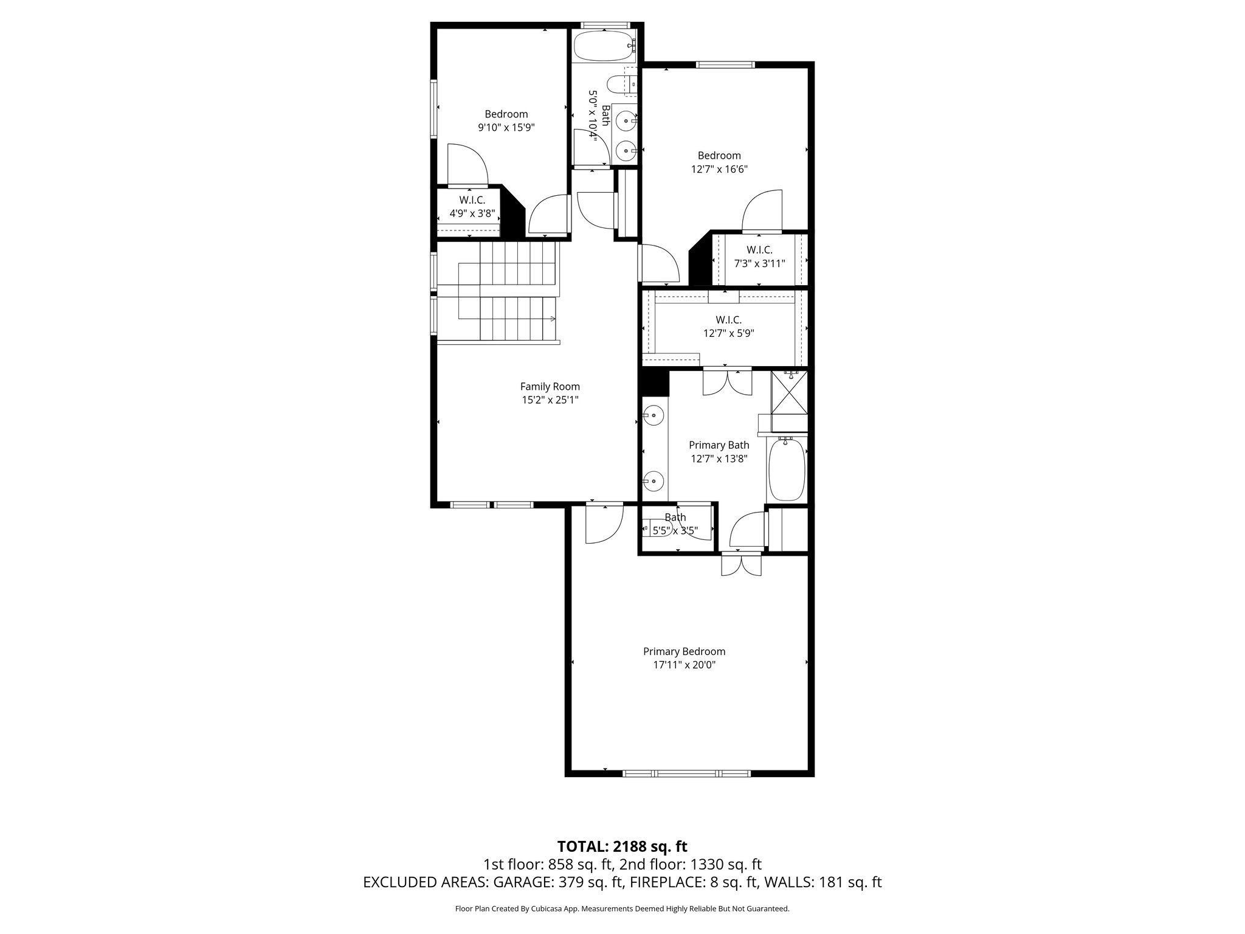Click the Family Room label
550,387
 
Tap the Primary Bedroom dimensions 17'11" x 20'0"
684,665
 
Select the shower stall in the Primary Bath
789,393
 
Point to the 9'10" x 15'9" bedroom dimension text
506,128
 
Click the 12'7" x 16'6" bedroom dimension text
719,170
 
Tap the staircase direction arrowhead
553,319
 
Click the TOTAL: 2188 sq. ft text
622,846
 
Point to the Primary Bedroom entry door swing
604,525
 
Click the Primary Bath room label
719,445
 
